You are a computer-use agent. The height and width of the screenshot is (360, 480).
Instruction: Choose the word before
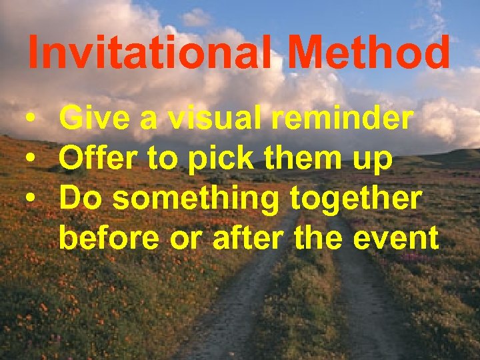click(109, 237)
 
